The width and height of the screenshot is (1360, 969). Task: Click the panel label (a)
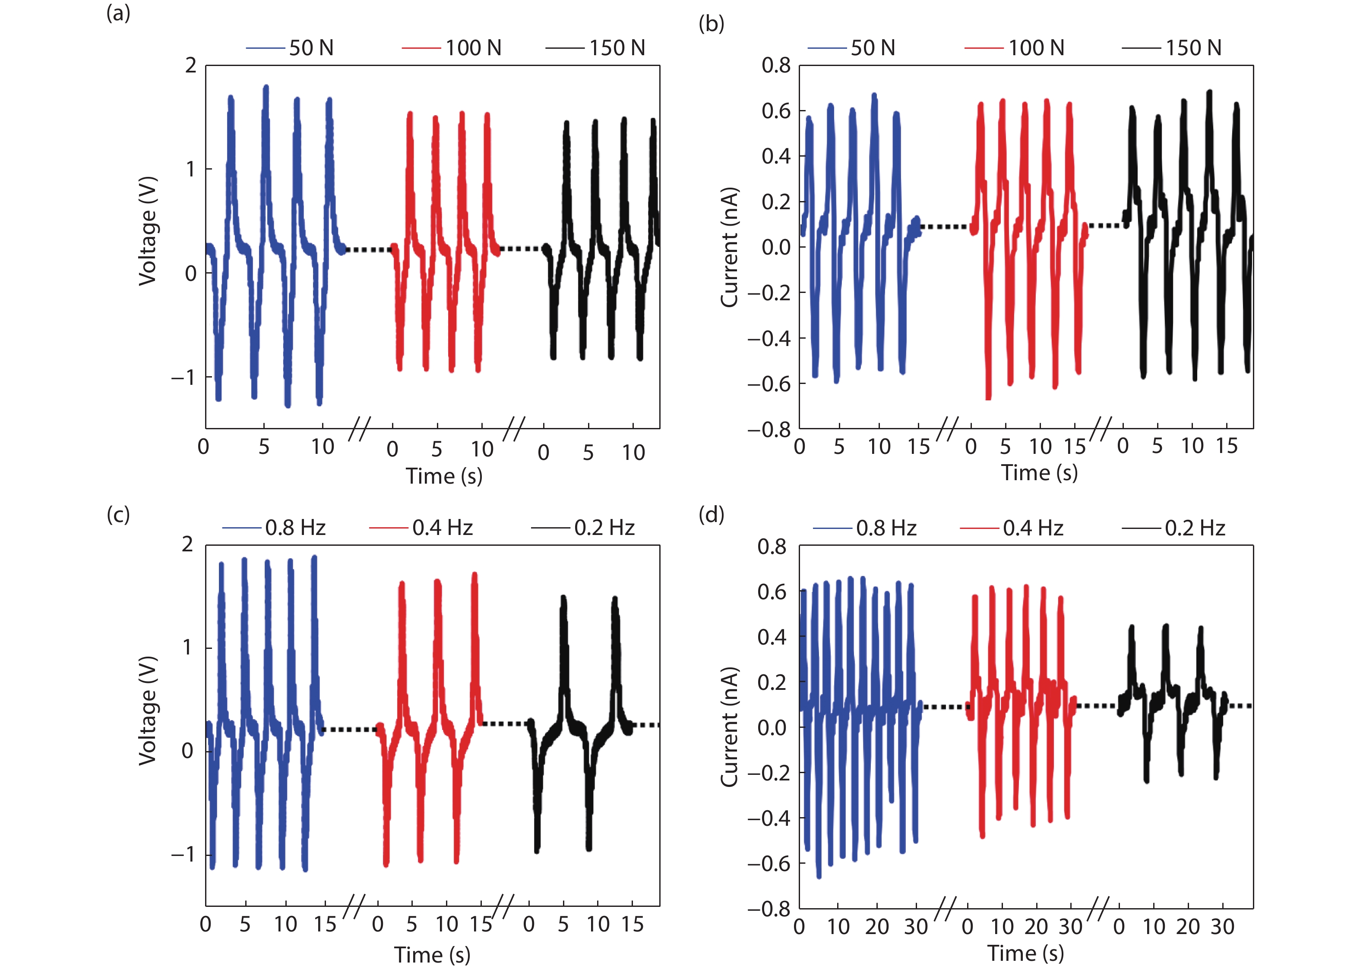click(x=118, y=13)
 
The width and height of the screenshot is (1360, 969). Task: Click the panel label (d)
click(x=711, y=514)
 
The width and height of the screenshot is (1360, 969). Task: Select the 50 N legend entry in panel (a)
click(x=290, y=48)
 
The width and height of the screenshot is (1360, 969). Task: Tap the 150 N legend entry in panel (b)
click(x=1172, y=48)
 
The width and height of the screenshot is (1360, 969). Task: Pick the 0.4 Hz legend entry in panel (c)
click(x=421, y=528)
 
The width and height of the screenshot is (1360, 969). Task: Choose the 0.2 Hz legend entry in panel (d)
click(x=1174, y=528)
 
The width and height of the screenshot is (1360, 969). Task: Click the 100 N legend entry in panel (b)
click(x=1015, y=48)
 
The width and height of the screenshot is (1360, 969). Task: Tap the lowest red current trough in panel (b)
click(x=988, y=397)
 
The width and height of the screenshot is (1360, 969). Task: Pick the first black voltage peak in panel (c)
click(x=563, y=597)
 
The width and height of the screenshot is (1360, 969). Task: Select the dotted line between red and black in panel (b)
click(x=1105, y=226)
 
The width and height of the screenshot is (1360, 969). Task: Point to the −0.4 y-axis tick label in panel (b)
click(x=769, y=338)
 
